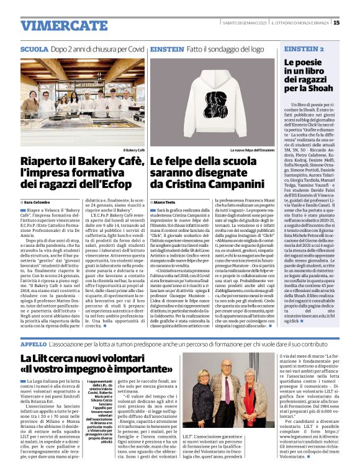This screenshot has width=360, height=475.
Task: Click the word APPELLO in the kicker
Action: pos(34,343)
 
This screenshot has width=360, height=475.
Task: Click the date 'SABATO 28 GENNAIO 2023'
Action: pos(245,23)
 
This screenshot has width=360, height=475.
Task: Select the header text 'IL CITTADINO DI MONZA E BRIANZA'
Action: pos(300,23)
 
